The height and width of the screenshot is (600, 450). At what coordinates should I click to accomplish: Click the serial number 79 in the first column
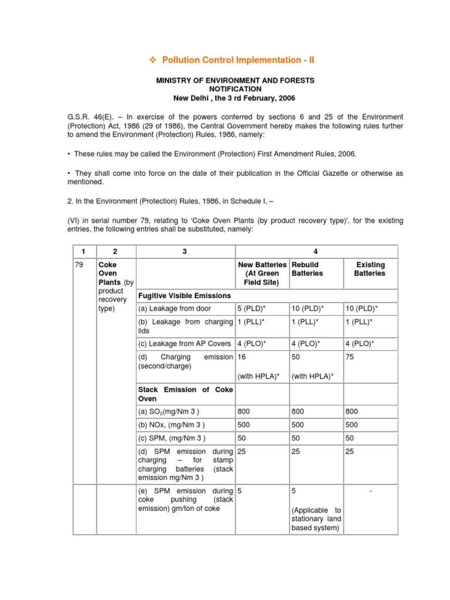click(x=80, y=265)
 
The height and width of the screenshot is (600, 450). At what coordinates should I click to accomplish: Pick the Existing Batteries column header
click(x=370, y=269)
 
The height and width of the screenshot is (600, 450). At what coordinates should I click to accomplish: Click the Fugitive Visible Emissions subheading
click(x=184, y=295)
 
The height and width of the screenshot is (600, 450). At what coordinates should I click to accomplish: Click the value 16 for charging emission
click(x=242, y=357)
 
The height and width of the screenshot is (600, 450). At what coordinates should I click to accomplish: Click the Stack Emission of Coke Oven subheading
click(x=185, y=394)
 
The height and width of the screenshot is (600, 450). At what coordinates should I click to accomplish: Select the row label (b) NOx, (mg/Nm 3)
click(x=171, y=424)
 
